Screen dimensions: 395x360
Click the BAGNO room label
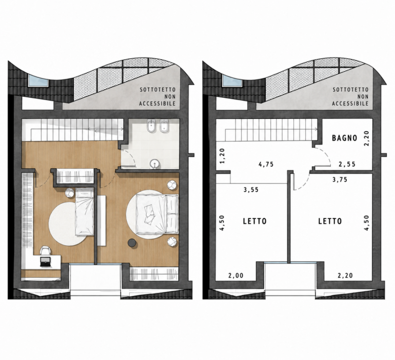click(x=344, y=138)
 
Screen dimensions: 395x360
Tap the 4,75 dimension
click(x=266, y=164)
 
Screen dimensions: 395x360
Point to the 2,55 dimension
click(x=347, y=164)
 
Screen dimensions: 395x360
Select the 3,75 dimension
click(x=340, y=180)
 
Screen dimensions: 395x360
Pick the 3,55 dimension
click(x=251, y=190)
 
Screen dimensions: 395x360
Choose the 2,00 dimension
click(x=236, y=276)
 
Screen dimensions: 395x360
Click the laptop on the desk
click(x=45, y=262)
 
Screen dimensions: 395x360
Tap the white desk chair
click(x=45, y=251)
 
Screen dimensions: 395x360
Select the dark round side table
click(x=132, y=243)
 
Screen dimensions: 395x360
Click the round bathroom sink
click(x=154, y=164)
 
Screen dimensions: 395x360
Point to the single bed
click(x=84, y=212)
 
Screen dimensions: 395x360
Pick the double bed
click(x=157, y=214)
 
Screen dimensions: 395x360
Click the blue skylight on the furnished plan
click(x=38, y=80)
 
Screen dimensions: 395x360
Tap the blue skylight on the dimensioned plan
click(x=232, y=81)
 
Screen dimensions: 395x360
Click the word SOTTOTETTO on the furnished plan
click(x=158, y=90)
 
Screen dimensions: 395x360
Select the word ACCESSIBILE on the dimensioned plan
click(x=350, y=104)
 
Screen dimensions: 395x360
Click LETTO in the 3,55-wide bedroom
click(x=255, y=221)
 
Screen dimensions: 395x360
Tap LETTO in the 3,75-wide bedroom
click(x=330, y=221)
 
